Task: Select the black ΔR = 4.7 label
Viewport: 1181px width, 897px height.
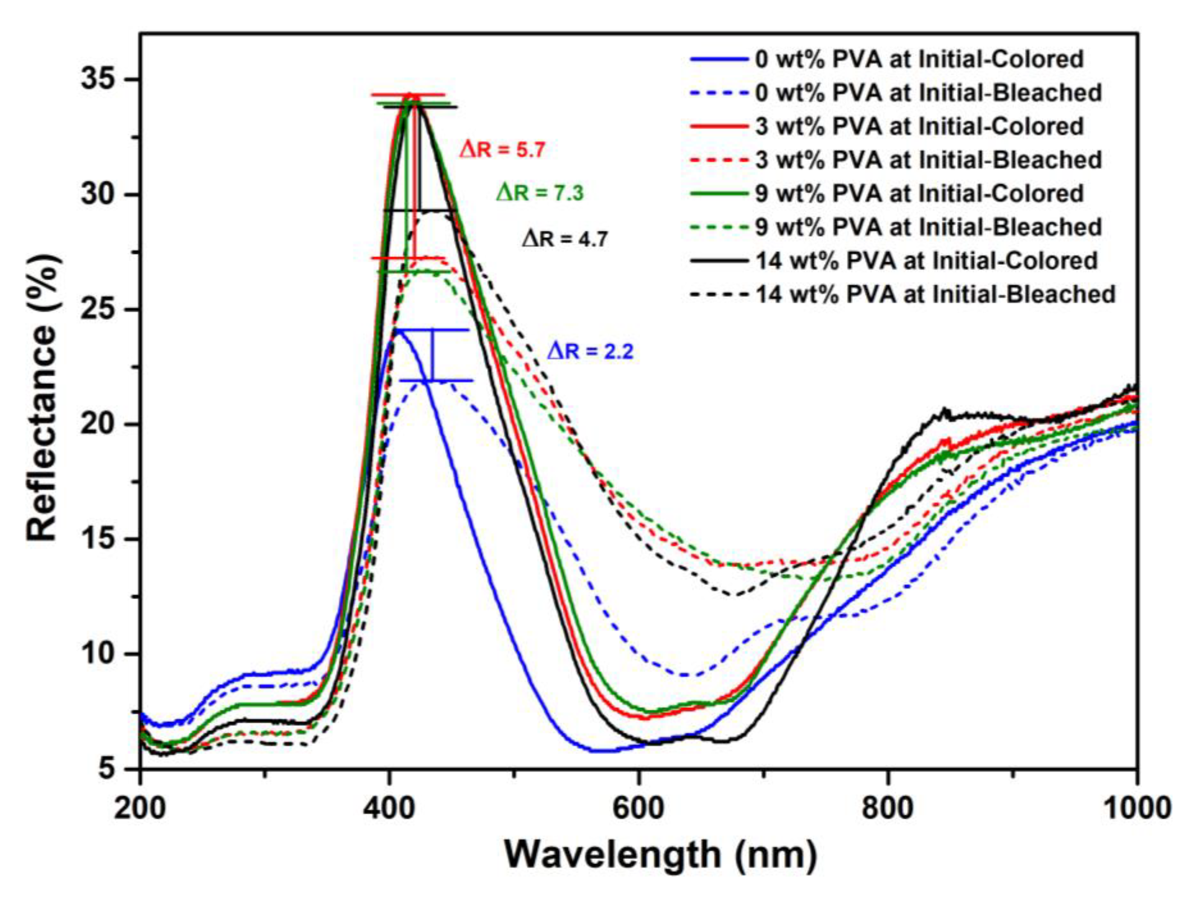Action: pos(564,239)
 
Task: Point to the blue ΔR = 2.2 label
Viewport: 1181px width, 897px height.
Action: pos(590,352)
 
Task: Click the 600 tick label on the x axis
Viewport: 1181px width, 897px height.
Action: pos(638,809)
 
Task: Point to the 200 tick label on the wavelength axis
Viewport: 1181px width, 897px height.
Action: pos(140,809)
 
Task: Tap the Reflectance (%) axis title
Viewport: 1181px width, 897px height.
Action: pos(43,398)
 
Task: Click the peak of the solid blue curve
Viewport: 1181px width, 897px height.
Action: pos(397,331)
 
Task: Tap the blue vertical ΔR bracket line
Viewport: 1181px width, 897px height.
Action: pos(433,355)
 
